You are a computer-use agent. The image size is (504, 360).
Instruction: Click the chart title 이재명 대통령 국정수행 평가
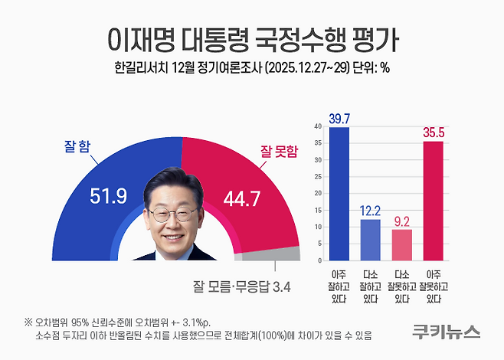[x=251, y=36]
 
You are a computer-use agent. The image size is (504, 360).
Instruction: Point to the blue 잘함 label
[x=74, y=148]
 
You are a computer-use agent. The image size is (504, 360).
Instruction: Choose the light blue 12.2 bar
[x=370, y=240]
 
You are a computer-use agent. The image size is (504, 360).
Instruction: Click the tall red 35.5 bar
[x=434, y=201]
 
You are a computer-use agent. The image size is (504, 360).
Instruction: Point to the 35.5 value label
[x=434, y=133]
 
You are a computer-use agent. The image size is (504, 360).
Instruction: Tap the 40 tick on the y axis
[x=318, y=126]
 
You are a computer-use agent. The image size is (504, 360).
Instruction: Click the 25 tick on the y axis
[x=318, y=176]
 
